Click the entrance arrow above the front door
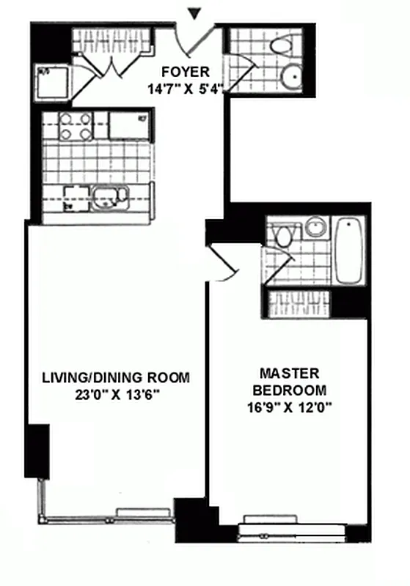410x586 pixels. [x=194, y=12]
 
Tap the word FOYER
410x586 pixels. [x=186, y=72]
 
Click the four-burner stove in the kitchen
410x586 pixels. [x=76, y=126]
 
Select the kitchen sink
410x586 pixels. [x=110, y=196]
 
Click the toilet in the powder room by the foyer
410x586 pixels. [x=281, y=45]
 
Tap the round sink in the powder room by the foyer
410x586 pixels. [x=291, y=75]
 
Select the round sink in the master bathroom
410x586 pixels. [x=315, y=226]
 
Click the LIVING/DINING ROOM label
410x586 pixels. [x=115, y=378]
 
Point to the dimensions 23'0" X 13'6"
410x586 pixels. [x=116, y=396]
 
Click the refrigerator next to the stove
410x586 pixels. [x=129, y=125]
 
